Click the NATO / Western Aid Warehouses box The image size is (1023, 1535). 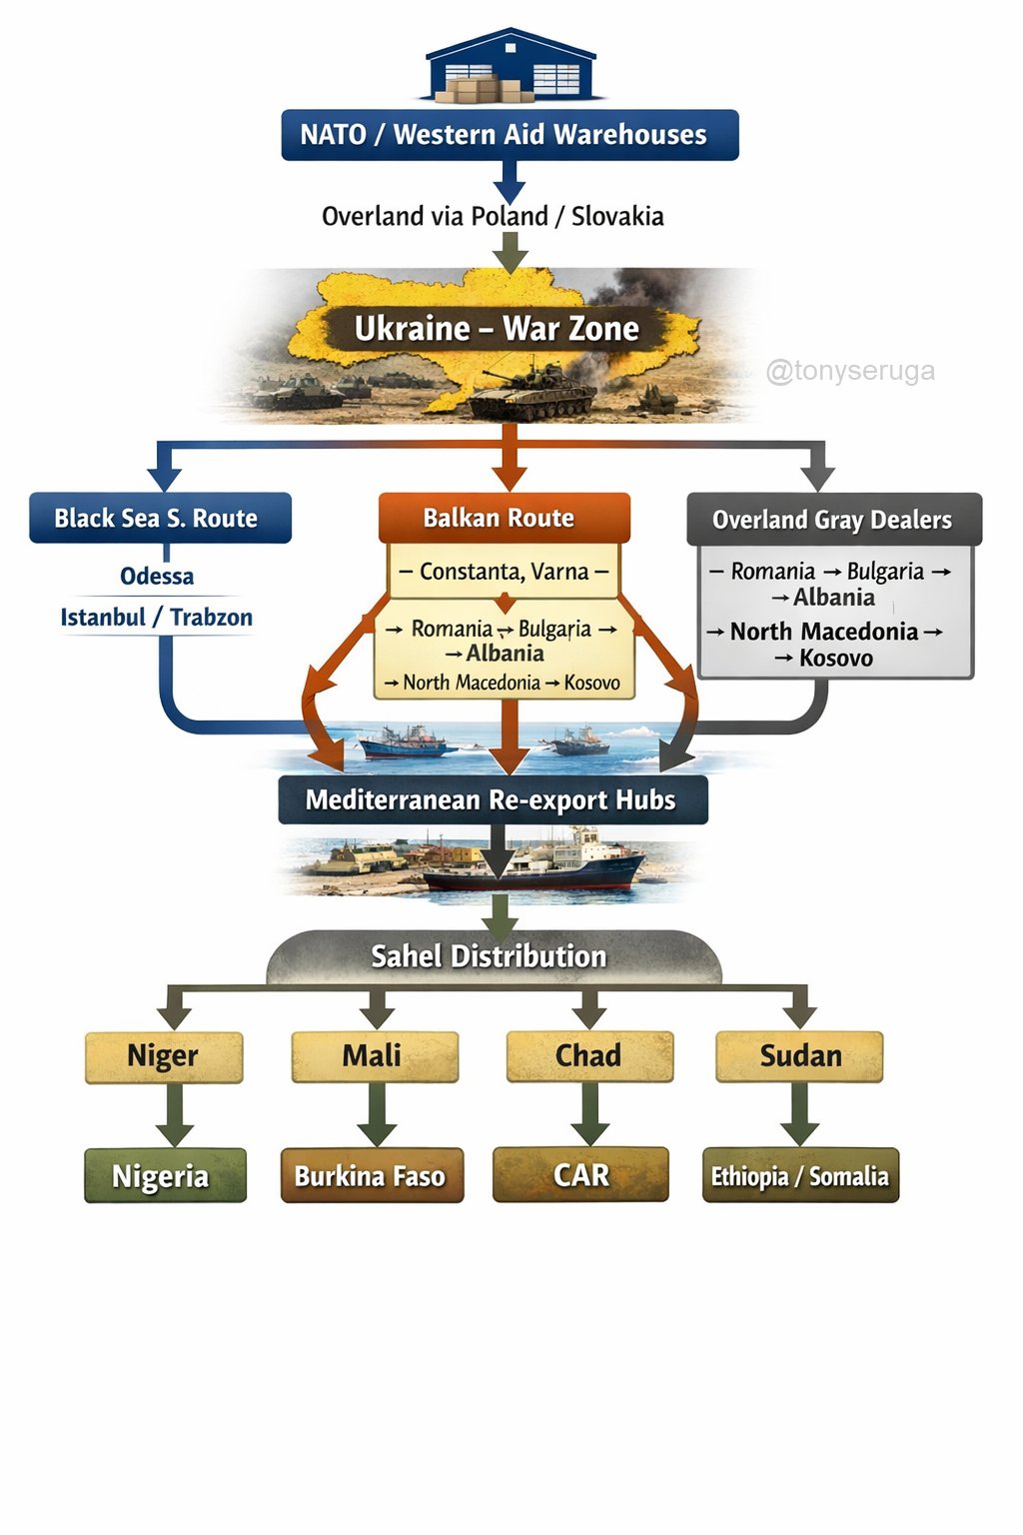510,135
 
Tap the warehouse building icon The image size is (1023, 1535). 510,66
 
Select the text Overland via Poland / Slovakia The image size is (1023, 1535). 493,216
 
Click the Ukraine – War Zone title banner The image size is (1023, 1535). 497,329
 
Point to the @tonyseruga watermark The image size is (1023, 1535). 850,372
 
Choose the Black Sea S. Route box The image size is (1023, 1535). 160,518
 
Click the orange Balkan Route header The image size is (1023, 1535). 504,518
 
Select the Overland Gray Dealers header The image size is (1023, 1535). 833,520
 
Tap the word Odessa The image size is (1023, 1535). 157,577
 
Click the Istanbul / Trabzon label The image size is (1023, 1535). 157,618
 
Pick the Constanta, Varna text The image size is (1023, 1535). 504,572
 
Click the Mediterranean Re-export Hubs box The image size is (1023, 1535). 492,800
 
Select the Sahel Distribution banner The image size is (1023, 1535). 490,956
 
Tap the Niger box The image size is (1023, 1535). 164,1056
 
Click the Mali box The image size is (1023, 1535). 374,1056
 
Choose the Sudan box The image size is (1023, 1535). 800,1056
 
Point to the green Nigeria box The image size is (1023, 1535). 164,1175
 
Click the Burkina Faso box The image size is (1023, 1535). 372,1175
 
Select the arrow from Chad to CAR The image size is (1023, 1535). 589,1113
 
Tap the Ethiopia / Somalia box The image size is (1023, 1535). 800,1176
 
